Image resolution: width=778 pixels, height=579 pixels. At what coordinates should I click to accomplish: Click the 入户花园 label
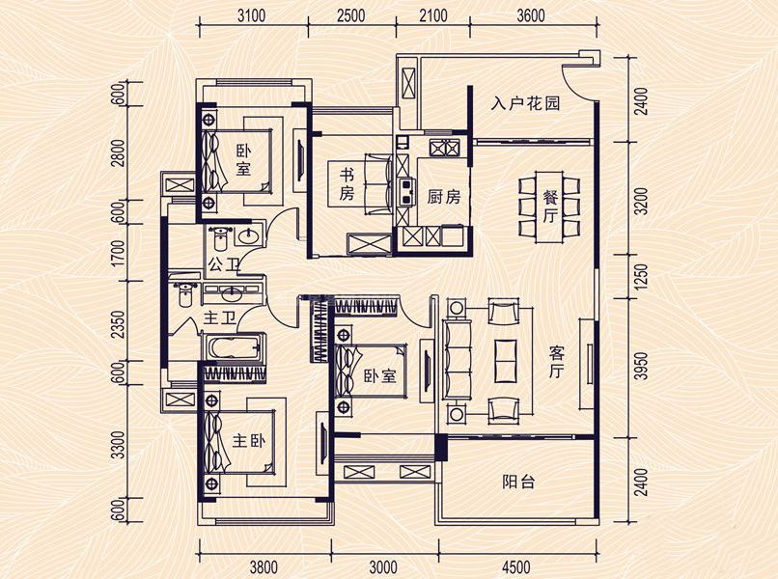(525, 103)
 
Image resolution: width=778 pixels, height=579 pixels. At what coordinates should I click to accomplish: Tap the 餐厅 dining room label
(550, 207)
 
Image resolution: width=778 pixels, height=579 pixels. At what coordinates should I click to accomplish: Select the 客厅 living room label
(557, 363)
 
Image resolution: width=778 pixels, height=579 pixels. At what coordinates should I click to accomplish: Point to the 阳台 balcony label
(518, 482)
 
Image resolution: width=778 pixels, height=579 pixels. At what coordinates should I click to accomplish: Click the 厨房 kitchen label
(444, 197)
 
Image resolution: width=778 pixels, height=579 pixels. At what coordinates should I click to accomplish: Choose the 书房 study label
(347, 184)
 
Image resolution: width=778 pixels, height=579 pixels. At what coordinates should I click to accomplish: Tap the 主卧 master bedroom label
(249, 441)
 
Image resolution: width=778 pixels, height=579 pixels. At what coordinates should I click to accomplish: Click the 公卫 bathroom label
(223, 264)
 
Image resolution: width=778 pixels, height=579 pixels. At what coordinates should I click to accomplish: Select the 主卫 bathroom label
(219, 318)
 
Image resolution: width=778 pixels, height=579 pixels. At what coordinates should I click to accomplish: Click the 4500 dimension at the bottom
(516, 566)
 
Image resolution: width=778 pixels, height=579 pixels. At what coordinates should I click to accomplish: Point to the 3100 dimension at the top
(251, 16)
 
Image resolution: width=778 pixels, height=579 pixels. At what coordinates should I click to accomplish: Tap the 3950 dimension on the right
(643, 366)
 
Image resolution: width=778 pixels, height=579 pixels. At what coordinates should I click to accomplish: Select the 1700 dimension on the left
(118, 253)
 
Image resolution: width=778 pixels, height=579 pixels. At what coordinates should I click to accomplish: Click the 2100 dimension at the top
(432, 16)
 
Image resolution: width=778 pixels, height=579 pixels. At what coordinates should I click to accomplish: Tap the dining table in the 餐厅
(548, 207)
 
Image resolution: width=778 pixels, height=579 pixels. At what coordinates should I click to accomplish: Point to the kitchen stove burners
(444, 148)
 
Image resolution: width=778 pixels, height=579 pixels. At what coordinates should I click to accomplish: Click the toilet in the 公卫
(219, 238)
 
